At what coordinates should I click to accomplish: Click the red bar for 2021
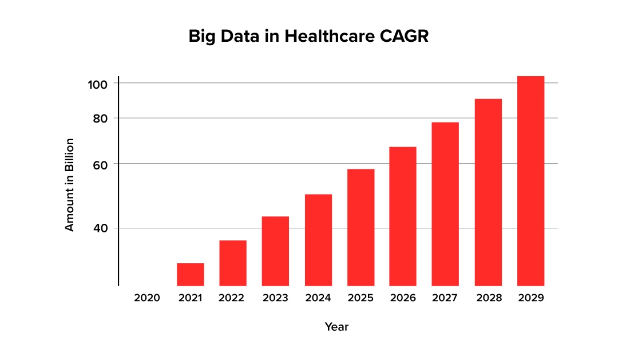[x=190, y=274]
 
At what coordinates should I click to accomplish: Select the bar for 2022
[x=233, y=263]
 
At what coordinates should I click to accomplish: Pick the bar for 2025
[x=360, y=227]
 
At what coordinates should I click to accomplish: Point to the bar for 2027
[x=445, y=204]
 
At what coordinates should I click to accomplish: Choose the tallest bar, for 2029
[x=530, y=181]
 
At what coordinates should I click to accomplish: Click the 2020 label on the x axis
[x=147, y=298]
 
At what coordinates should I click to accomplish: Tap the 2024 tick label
[x=318, y=298]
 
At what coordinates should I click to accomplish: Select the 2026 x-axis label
[x=403, y=298]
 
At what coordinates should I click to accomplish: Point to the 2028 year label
[x=488, y=298]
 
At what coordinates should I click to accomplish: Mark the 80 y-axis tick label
[x=101, y=118]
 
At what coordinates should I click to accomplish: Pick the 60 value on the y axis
[x=101, y=164]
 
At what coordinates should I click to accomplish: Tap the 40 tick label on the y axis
[x=101, y=228]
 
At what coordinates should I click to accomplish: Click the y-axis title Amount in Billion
[x=69, y=185]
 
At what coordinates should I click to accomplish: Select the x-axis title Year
[x=336, y=327]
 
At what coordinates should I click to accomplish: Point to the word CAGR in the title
[x=407, y=37]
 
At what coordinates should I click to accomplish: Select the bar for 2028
[x=488, y=192]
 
